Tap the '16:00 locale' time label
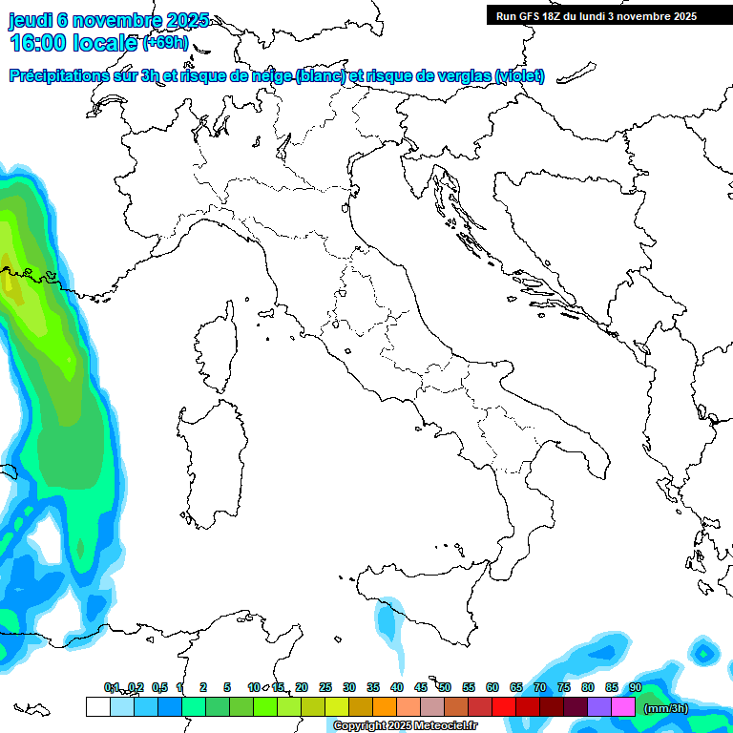pos(74,43)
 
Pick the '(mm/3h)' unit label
pos(666,707)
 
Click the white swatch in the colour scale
pos(97,706)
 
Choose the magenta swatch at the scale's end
pos(624,706)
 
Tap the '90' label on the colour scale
pos(636,687)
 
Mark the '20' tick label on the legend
pos(302,687)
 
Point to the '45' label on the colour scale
pos(421,687)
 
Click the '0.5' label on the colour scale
pos(159,687)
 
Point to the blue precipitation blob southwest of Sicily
pos(388,621)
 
